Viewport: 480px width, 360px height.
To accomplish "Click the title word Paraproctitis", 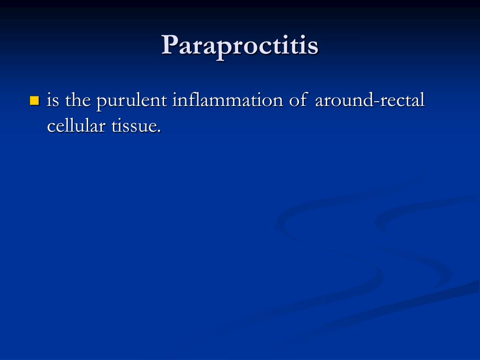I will tap(240, 46).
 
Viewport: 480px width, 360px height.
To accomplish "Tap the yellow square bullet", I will tap(34, 100).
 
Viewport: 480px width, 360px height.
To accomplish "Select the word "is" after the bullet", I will tap(53, 101).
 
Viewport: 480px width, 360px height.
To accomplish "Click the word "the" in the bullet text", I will tap(78, 101).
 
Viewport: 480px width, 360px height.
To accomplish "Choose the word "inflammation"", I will tap(228, 101).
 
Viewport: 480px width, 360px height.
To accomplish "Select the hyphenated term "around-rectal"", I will tap(370, 101).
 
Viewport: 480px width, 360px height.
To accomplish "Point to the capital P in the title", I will tap(170, 45).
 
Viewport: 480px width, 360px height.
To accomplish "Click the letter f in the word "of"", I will tap(304, 100).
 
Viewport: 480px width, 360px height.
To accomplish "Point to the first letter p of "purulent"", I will tap(101, 104).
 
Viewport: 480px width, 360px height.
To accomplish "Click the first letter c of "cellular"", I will tap(51, 127).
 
